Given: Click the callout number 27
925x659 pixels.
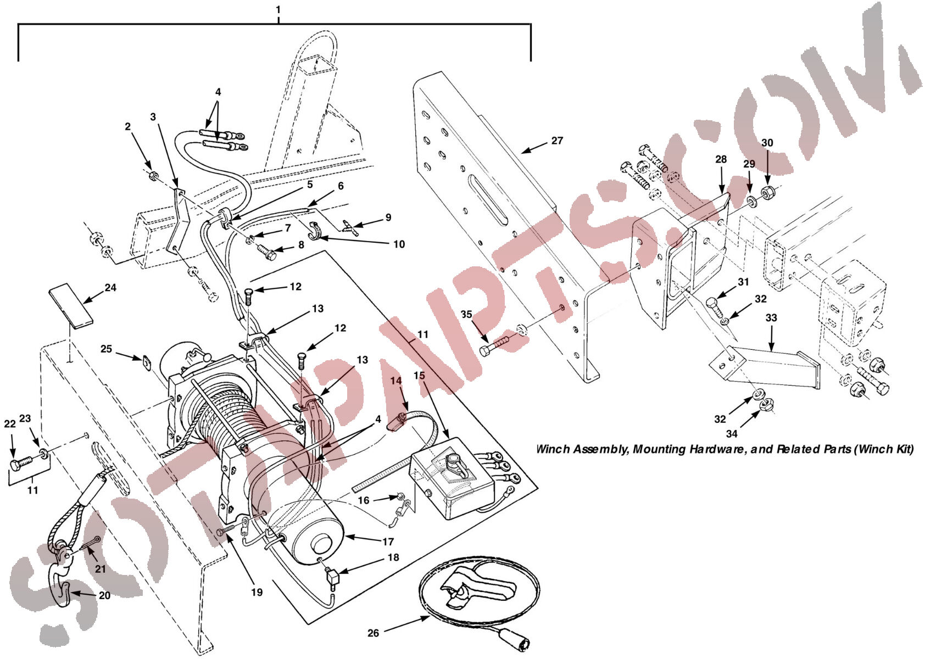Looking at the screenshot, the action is pos(557,141).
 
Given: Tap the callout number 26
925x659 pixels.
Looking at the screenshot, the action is pos(373,633).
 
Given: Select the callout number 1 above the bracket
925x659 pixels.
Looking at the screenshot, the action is pos(278,9).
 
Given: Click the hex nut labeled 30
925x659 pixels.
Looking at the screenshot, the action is pos(767,192).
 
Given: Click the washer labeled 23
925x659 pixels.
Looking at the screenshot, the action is pos(43,455).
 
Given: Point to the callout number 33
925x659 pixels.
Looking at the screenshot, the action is pos(771,317).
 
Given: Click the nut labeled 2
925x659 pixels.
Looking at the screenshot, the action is pos(152,176).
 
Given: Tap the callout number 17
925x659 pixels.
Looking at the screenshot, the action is pos(388,541).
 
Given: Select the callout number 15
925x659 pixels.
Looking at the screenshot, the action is pos(419,375).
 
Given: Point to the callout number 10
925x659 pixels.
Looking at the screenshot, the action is pos(399,244).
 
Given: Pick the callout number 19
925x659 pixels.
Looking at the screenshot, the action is pos(257,592).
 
